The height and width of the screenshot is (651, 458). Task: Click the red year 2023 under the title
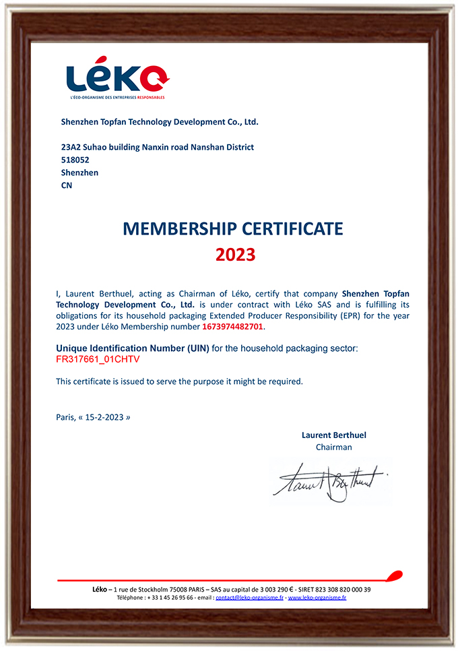pyautogui.click(x=235, y=255)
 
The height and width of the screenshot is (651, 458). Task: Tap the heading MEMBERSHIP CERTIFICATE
pyautogui.click(x=233, y=228)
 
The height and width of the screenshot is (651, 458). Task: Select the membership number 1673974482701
pyautogui.click(x=233, y=327)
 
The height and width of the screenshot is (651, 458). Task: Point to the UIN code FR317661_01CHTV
pyautogui.click(x=98, y=359)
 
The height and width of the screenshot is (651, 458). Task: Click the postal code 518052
pyautogui.click(x=75, y=160)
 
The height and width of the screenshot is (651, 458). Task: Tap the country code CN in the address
pyautogui.click(x=66, y=185)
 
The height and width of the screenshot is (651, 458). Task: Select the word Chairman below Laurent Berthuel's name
pyautogui.click(x=333, y=447)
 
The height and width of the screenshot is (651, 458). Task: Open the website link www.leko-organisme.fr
pyautogui.click(x=317, y=598)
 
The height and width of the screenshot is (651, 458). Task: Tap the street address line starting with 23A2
pyautogui.click(x=157, y=148)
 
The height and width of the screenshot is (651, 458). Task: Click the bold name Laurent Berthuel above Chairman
pyautogui.click(x=333, y=435)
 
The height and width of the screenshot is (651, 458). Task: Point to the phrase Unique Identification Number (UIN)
pyautogui.click(x=132, y=348)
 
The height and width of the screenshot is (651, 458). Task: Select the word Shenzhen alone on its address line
pyautogui.click(x=79, y=173)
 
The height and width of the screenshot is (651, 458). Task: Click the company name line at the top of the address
pyautogui.click(x=160, y=123)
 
